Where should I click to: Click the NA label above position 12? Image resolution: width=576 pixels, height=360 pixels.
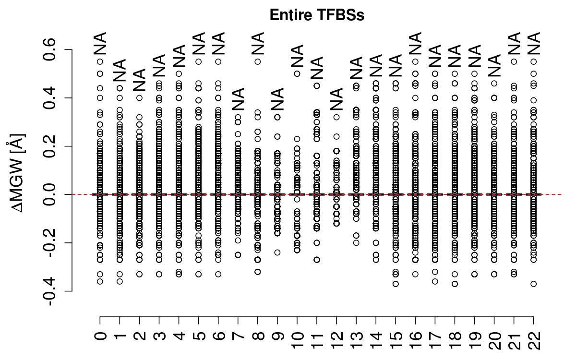337,100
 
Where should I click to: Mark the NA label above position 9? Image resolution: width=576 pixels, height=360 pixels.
278,100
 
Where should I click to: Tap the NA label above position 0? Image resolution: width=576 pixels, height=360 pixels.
100,44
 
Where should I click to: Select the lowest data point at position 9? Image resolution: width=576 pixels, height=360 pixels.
277,252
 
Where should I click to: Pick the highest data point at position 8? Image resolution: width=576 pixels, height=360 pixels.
258,61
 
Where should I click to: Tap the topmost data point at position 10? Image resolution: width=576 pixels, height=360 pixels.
297,73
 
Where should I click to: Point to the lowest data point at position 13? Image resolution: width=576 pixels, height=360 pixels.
357,242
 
